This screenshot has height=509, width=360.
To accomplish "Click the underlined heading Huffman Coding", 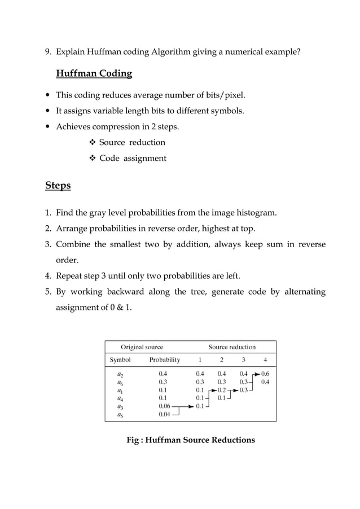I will pos(94,74).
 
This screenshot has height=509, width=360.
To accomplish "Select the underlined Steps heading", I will pos(58,186).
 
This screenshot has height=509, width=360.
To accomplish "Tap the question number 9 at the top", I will pos(48,52).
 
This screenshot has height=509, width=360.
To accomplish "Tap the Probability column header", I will pos(164,359).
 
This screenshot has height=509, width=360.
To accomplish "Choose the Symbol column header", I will pos(120,359).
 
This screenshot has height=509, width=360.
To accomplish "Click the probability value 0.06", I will pos(164,406).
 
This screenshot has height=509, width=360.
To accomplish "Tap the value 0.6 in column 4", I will pos(265,373).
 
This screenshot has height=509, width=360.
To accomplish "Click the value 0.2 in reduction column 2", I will pos(222,389).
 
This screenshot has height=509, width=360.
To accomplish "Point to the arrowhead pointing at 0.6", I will pos(257,374).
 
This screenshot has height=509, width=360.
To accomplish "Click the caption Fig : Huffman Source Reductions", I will pos(191,440).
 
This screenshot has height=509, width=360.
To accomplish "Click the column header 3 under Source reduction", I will pos(243,359).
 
